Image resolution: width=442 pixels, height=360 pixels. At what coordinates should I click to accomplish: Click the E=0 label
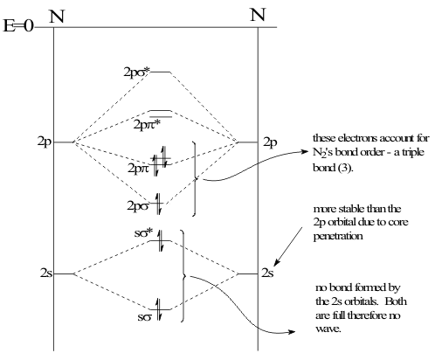(18, 26)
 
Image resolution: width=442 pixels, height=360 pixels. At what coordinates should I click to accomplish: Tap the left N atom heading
(57, 16)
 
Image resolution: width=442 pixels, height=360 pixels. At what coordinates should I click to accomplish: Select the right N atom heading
(258, 15)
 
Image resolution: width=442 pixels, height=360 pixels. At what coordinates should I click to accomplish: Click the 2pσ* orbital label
(137, 72)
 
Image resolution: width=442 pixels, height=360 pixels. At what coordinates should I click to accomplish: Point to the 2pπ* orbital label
(147, 125)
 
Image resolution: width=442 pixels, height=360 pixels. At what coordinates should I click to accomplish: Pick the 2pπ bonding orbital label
(138, 168)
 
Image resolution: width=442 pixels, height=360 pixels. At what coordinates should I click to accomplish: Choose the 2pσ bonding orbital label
(138, 206)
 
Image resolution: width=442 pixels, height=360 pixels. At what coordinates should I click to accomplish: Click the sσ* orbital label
(143, 233)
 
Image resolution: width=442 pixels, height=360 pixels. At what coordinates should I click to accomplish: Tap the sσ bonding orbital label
(145, 317)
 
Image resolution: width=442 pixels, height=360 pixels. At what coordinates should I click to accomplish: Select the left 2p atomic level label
(45, 142)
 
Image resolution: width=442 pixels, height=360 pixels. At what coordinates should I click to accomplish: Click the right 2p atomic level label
(270, 142)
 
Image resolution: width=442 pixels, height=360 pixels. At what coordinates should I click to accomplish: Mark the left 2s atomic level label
(46, 273)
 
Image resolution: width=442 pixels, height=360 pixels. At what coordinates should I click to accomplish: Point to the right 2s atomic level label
(267, 273)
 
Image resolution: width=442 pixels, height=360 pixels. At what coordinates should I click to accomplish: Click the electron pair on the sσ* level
(161, 240)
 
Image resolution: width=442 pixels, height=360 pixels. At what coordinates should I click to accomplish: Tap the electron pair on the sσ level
(159, 309)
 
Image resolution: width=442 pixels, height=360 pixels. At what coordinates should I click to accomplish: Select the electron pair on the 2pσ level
(158, 204)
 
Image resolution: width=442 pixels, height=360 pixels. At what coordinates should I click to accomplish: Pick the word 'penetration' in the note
(338, 236)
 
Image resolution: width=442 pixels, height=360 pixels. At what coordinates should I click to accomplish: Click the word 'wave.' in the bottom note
(328, 329)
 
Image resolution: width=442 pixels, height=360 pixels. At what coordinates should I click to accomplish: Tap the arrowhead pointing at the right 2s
(277, 261)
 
